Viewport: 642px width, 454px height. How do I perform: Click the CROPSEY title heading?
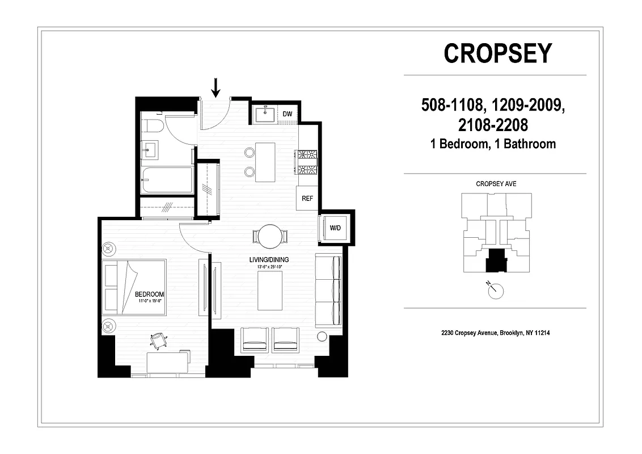497,53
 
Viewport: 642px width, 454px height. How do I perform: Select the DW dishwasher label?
288,114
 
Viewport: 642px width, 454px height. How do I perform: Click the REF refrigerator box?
307,199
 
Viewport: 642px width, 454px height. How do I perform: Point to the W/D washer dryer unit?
335,228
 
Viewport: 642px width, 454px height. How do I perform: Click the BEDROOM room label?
149,294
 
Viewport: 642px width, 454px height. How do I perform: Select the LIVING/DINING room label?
269,260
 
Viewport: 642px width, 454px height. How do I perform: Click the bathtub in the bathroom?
166,180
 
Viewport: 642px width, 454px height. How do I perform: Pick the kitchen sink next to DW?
265,115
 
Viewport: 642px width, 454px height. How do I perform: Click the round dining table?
269,236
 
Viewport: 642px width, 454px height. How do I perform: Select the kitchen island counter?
265,162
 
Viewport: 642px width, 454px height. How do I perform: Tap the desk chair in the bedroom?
159,339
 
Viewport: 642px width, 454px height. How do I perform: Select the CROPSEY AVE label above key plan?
496,184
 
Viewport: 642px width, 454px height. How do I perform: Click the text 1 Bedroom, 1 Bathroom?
493,144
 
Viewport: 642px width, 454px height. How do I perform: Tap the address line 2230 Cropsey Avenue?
495,333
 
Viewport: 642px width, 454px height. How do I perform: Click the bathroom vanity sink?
151,150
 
